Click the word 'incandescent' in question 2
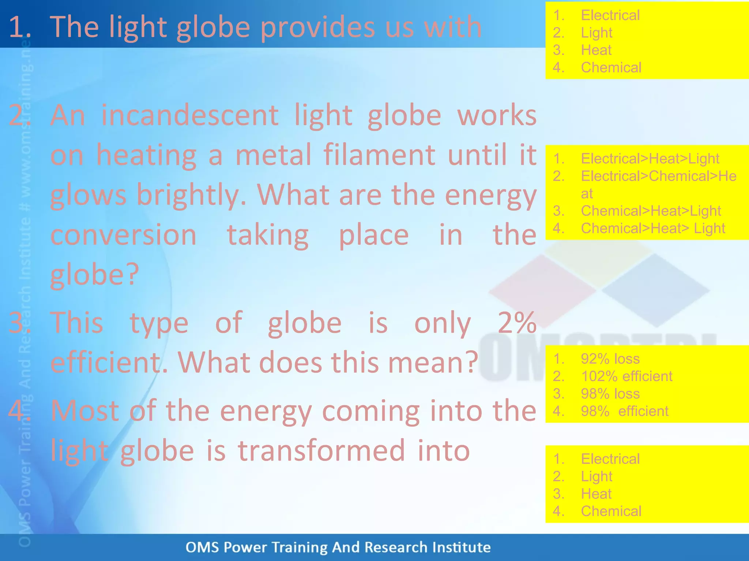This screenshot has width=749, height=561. (190, 115)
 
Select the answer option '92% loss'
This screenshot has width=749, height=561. (610, 359)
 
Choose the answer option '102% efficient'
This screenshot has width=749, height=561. (626, 376)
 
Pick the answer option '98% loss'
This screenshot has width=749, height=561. (610, 394)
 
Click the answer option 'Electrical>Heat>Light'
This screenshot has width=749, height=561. (650, 159)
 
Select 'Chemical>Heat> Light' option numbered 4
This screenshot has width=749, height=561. (653, 229)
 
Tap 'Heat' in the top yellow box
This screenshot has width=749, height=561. (596, 50)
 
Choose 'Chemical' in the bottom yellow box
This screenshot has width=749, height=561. (611, 511)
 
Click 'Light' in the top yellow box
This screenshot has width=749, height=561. (596, 33)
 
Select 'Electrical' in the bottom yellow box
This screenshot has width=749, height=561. (610, 459)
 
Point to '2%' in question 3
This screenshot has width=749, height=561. (517, 323)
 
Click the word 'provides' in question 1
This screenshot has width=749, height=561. (318, 27)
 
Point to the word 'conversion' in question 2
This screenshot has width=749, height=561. (124, 235)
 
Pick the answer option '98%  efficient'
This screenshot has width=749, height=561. (625, 411)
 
